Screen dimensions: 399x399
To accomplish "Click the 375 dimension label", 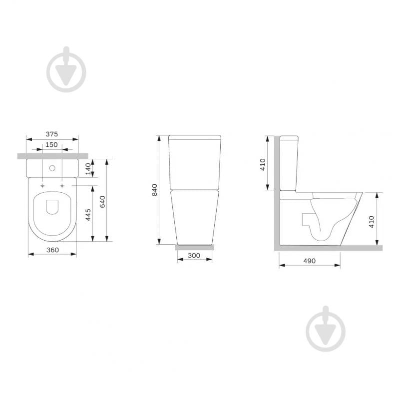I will (52, 134).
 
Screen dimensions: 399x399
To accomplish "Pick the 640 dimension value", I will (102, 201).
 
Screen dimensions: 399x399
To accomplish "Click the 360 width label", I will (52, 249).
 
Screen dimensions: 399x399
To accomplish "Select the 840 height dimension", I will (154, 190).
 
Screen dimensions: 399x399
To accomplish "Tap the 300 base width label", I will (194, 256).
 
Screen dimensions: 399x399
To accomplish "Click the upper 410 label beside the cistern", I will (263, 164).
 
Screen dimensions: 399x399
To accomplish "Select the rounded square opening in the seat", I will (52, 207).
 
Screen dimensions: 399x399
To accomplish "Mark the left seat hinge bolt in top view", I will (42, 185).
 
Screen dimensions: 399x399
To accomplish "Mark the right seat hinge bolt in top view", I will (62, 185).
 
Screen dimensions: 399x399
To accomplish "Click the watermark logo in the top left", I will (66, 69).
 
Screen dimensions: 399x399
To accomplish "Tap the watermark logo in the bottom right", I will (326, 329).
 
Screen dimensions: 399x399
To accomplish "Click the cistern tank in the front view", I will (195, 162).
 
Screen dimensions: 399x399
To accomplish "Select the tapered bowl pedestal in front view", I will (195, 217).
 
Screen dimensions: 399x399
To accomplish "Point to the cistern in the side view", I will (289, 163).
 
